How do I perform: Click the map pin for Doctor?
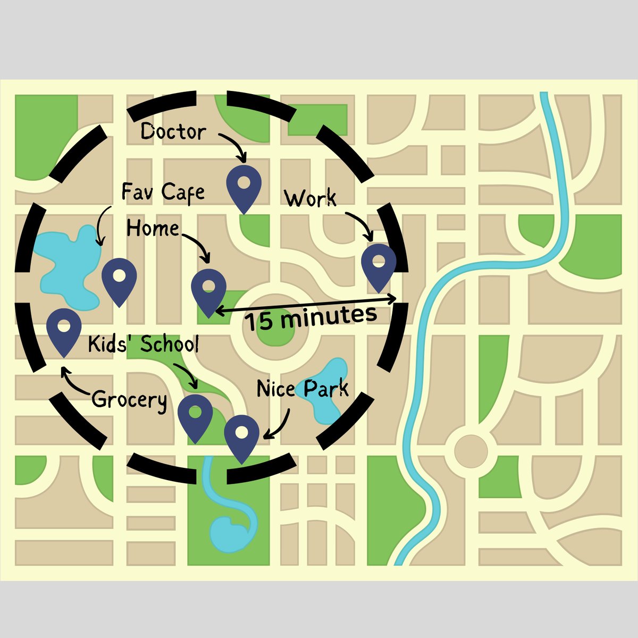244,186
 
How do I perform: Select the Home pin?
208,289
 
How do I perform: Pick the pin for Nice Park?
241,435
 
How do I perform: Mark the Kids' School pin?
195,415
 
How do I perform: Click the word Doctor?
173,132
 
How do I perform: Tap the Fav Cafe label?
163,191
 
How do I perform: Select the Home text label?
153,229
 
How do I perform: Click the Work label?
310,198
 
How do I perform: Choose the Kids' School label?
143,344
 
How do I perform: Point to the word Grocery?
129,399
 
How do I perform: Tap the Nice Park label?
303,389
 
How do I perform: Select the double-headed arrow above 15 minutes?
306,304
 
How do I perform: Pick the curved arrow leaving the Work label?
362,223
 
